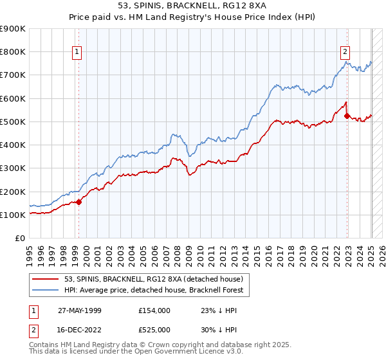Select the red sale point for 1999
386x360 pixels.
tap(79, 202)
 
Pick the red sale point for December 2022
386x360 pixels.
tap(347, 116)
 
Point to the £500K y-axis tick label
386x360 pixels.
tap(13, 122)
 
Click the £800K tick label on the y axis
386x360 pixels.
tap(13, 51)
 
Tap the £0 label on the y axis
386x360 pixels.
tap(20, 239)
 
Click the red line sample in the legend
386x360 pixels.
tap(46, 279)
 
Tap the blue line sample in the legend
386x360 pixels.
tap(46, 291)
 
